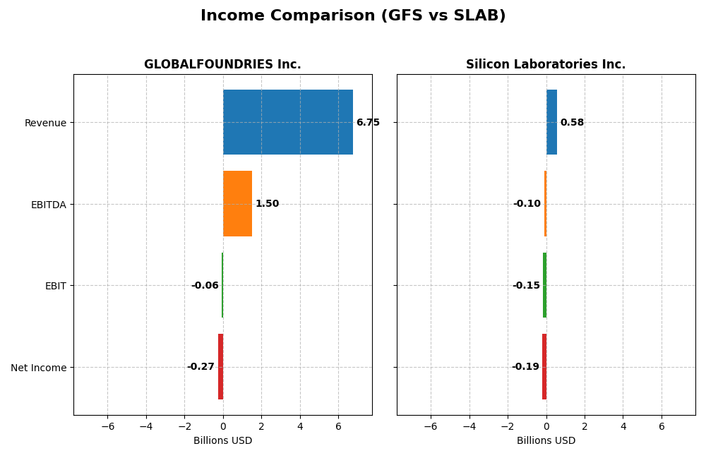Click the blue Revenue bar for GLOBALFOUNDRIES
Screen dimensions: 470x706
pyautogui.click(x=287, y=122)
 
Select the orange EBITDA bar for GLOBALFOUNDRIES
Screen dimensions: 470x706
pyautogui.click(x=237, y=204)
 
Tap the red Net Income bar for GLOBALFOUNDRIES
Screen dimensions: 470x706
pyautogui.click(x=220, y=367)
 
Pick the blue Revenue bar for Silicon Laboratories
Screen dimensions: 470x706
pyautogui.click(x=551, y=122)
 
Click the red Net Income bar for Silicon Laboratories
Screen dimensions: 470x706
pyautogui.click(x=544, y=367)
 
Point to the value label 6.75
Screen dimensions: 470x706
pyautogui.click(x=368, y=123)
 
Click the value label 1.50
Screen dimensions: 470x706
pyautogui.click(x=267, y=204)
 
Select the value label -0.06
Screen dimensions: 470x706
pyautogui.click(x=205, y=286)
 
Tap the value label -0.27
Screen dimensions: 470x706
pyautogui.click(x=201, y=367)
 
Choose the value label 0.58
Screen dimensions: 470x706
pyautogui.click(x=572, y=123)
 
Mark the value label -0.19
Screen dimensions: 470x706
pyautogui.click(x=525, y=367)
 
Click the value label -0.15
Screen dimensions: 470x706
pyautogui.click(x=526, y=286)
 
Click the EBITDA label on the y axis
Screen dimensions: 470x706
pyautogui.click(x=49, y=205)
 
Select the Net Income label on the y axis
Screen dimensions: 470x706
pyautogui.click(x=39, y=368)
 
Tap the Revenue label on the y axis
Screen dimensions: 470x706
pyautogui.click(x=45, y=123)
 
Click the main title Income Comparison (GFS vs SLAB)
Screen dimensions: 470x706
pyautogui.click(x=353, y=16)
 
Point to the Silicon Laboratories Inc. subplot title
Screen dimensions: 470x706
pyautogui.click(x=546, y=65)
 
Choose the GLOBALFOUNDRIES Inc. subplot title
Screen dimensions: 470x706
pyautogui.click(x=222, y=65)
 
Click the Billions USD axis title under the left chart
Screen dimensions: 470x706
pyautogui.click(x=222, y=441)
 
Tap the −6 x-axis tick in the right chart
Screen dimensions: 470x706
pyautogui.click(x=430, y=427)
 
